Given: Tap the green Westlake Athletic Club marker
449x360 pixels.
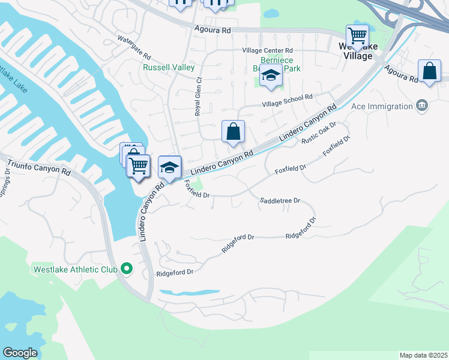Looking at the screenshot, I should pyautogui.click(x=126, y=268).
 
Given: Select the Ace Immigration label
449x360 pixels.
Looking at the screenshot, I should pyautogui.click(x=383, y=106).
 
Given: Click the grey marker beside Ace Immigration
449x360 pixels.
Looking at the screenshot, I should pyautogui.click(x=422, y=106).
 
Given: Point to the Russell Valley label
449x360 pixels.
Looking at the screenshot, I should pyautogui.click(x=160, y=67).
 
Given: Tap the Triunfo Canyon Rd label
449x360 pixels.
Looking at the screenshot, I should pyautogui.click(x=38, y=167).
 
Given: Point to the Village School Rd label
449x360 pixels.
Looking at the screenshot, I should pyautogui.click(x=288, y=100).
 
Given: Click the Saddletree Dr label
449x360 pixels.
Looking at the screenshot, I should pyautogui.click(x=280, y=200).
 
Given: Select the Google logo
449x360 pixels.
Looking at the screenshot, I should pyautogui.click(x=20, y=353).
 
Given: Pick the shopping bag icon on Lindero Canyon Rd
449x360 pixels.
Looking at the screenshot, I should pyautogui.click(x=233, y=131).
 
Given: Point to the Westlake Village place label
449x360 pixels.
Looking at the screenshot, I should pyautogui.click(x=355, y=51).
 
